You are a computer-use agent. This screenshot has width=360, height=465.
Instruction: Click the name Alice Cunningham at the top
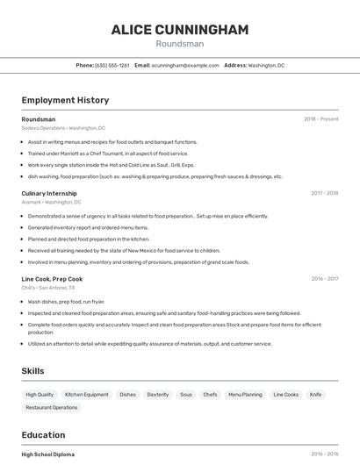(179, 30)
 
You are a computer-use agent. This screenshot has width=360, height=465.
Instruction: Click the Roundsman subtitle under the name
(179, 44)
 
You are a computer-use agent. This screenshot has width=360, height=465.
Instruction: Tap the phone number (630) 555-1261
(112, 65)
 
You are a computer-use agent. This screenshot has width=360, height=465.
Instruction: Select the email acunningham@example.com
(184, 65)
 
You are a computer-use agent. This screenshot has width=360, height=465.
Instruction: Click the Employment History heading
(65, 101)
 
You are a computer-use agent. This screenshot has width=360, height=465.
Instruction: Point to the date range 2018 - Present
(320, 119)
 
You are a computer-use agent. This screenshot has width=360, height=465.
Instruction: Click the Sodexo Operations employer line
(63, 128)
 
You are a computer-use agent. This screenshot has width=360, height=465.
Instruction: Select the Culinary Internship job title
(49, 193)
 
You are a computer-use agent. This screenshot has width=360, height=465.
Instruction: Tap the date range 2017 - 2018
(324, 193)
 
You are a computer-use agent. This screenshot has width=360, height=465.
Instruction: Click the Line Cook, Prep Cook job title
(52, 279)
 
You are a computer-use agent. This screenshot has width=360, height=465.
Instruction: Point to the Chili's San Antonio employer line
(48, 288)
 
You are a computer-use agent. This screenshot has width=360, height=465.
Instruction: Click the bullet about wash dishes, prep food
(66, 302)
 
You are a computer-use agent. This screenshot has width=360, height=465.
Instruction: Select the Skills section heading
(32, 371)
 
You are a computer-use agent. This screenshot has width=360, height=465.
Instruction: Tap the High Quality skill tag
(40, 395)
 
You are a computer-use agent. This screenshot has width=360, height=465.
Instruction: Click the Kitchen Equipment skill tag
(87, 395)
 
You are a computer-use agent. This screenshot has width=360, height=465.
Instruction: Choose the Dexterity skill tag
(158, 395)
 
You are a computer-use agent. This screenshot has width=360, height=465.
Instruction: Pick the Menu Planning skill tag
(245, 395)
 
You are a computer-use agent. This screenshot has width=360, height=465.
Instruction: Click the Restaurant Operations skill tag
(52, 407)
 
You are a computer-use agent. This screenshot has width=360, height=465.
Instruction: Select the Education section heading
(43, 435)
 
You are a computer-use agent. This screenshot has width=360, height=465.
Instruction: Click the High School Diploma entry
(48, 454)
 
